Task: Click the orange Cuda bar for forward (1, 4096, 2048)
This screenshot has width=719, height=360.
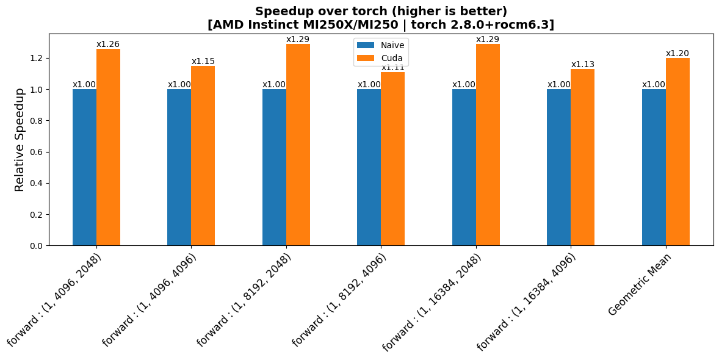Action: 108,147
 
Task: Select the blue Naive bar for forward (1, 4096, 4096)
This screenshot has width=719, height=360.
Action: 179,167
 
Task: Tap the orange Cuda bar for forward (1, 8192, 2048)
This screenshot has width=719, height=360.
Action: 298,145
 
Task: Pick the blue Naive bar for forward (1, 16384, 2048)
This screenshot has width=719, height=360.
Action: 464,167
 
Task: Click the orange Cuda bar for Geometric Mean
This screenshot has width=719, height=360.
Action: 677,152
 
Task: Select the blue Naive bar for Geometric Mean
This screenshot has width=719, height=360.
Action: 654,167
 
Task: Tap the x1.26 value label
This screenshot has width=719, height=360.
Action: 108,44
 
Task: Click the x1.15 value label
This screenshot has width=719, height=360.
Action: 203,61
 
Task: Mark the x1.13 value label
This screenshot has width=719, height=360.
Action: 583,64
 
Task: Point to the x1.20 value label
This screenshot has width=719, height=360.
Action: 677,53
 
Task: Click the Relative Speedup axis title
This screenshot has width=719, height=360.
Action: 20,140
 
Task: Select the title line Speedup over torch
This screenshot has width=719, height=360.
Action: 381,11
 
